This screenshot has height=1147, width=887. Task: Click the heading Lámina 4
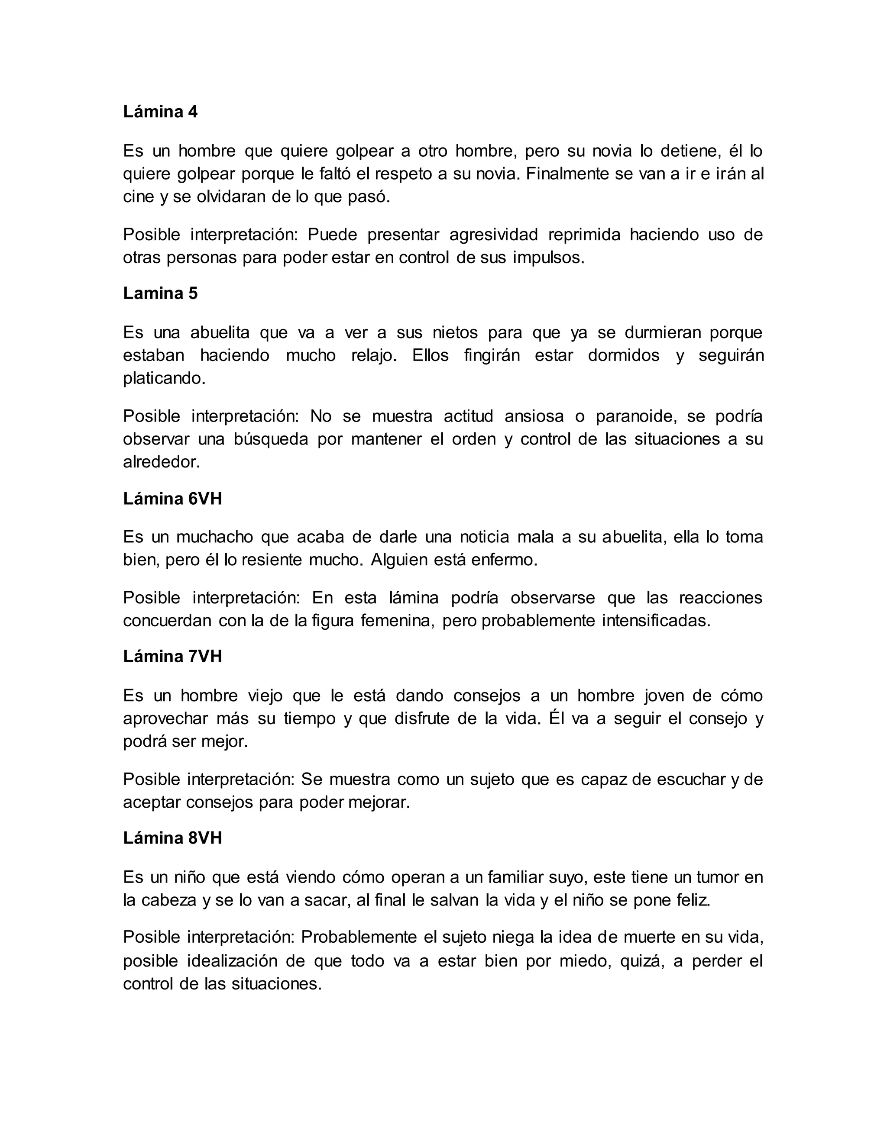(x=160, y=112)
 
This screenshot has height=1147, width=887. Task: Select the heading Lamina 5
(x=160, y=293)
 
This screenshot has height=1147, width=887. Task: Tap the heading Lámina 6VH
(x=172, y=498)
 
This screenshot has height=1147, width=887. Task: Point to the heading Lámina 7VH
(x=172, y=657)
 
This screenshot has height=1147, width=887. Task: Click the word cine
(x=139, y=197)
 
